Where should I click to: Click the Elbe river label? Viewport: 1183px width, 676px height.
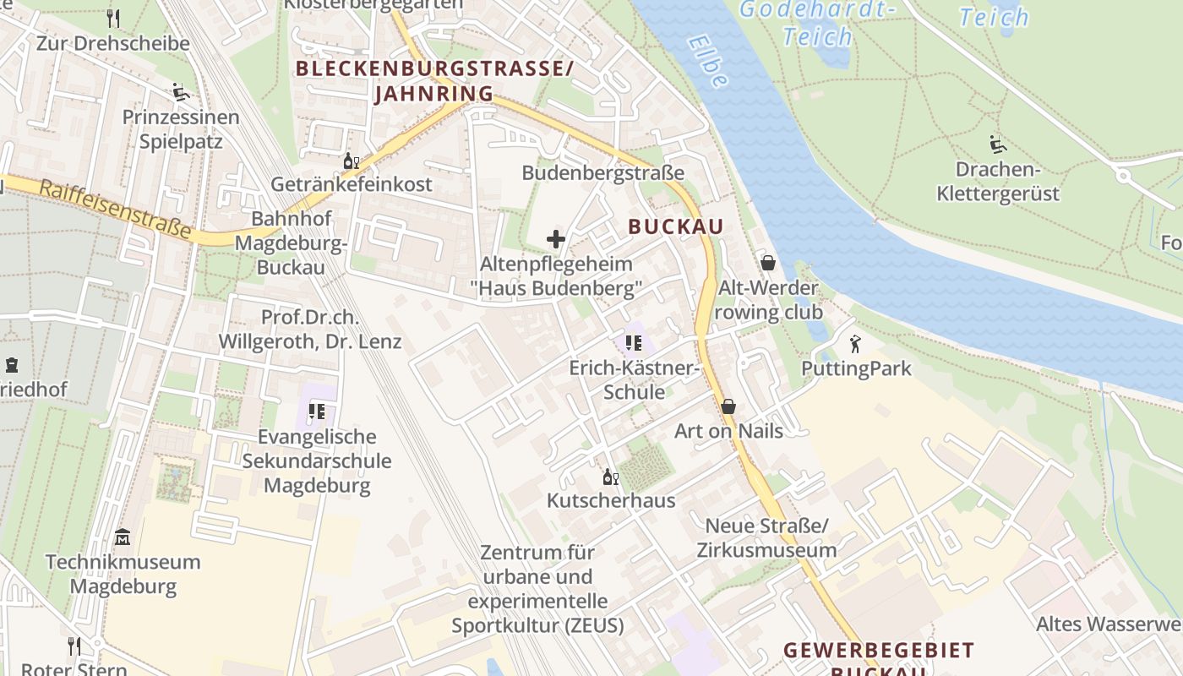click(707, 61)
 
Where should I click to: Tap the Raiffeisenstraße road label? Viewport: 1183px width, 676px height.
click(114, 208)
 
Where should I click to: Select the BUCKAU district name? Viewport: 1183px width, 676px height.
click(676, 226)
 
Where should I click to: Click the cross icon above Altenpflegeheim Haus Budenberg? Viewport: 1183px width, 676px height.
click(556, 239)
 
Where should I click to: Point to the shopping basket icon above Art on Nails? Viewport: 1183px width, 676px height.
click(728, 406)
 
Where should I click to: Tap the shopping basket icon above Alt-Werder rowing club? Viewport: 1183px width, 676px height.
click(768, 263)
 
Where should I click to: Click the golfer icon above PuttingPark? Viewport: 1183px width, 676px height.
click(855, 344)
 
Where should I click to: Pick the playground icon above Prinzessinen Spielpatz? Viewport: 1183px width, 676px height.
click(180, 92)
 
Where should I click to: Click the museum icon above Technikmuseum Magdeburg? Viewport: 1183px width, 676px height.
click(123, 537)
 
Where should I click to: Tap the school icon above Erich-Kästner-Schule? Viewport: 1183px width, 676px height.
click(634, 343)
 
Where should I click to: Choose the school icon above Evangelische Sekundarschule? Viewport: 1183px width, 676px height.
click(317, 412)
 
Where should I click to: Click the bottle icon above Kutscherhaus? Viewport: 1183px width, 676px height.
click(610, 477)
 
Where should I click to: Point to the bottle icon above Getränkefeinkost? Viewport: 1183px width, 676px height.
click(351, 160)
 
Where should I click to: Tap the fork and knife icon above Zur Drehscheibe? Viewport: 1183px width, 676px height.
click(113, 18)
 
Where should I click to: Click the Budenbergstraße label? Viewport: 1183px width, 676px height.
click(602, 173)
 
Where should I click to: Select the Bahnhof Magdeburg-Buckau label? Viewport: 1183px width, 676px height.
click(291, 243)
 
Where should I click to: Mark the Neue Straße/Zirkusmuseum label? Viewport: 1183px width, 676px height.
click(766, 538)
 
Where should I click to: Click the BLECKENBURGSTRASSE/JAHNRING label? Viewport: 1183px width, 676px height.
click(434, 81)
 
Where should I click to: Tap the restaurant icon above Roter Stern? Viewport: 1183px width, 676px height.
click(74, 646)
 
